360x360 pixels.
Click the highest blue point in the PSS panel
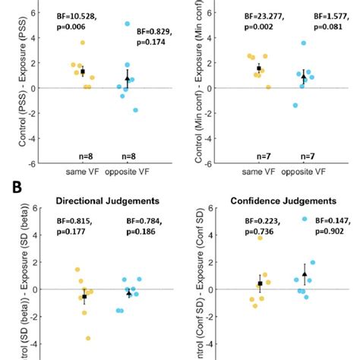coord(127,24)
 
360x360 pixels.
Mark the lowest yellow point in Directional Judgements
coord(88,338)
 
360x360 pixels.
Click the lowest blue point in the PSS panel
coord(135,110)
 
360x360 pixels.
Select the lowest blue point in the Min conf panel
coord(295,105)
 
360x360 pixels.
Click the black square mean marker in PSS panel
coord(83,71)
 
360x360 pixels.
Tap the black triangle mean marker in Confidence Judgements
coord(304,274)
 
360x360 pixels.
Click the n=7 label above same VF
coord(260,156)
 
